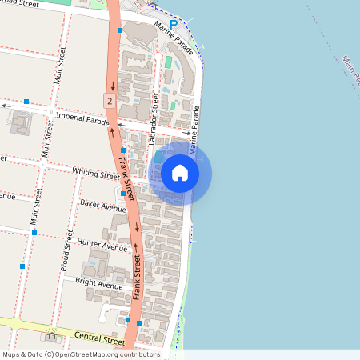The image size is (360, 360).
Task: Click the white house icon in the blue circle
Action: (x=180, y=173)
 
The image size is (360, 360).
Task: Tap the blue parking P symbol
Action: (x=173, y=25)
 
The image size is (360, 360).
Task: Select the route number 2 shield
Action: (x=108, y=100)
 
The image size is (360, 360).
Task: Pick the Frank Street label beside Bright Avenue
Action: (x=137, y=278)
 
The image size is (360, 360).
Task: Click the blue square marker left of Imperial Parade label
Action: (x=26, y=102)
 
